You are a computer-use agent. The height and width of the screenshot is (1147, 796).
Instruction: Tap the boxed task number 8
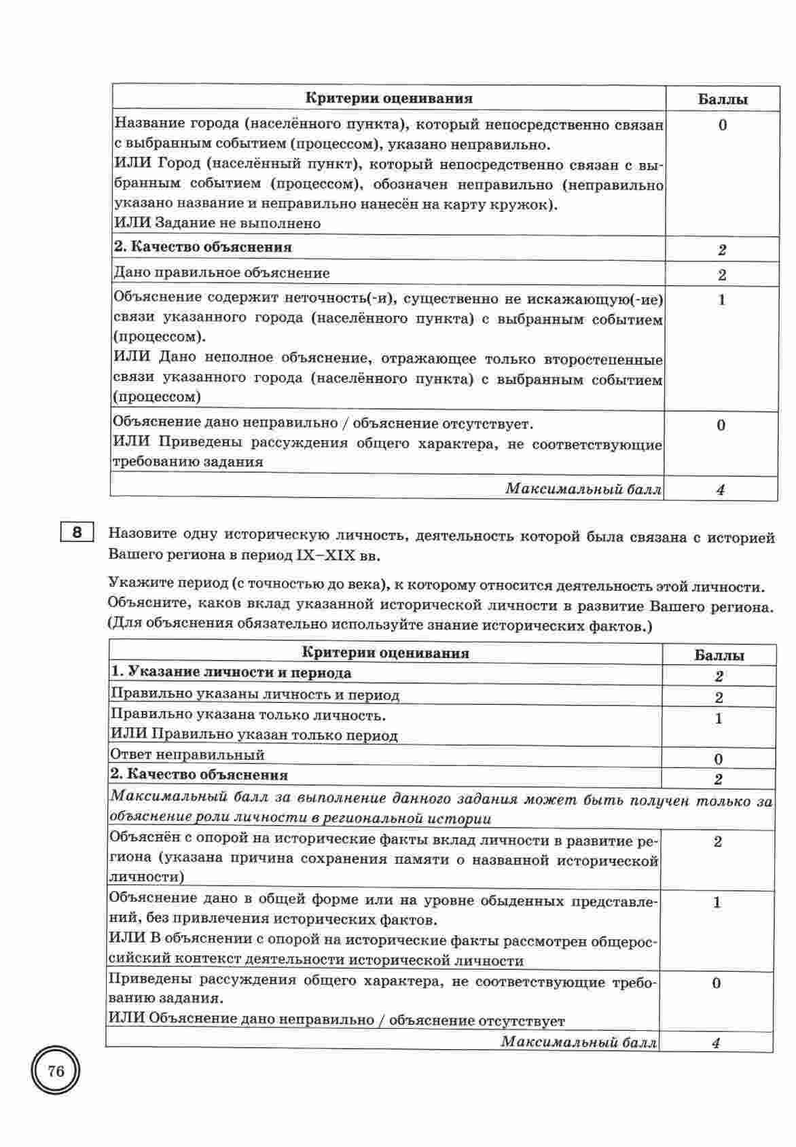click(x=77, y=532)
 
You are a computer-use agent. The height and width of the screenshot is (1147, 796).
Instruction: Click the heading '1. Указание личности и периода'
click(x=231, y=673)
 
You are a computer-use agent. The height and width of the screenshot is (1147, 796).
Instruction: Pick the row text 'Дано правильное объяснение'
click(x=221, y=273)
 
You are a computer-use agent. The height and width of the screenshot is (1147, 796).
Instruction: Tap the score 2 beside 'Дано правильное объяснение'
click(x=721, y=275)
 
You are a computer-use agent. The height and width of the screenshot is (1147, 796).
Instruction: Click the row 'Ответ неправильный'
click(x=187, y=755)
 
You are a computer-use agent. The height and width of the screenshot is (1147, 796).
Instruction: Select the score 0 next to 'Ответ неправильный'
click(x=719, y=759)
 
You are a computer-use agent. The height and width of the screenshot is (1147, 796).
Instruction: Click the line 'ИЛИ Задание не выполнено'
click(x=217, y=223)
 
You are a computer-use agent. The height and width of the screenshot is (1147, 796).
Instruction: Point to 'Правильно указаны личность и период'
click(x=255, y=695)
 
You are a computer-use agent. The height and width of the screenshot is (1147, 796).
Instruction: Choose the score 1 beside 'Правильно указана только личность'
click(x=719, y=719)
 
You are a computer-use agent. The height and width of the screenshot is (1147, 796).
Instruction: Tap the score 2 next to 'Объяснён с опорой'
click(x=718, y=842)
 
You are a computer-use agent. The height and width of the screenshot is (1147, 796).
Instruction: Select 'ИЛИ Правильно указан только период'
click(x=254, y=735)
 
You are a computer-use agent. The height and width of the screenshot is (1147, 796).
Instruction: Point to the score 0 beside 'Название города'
click(x=721, y=126)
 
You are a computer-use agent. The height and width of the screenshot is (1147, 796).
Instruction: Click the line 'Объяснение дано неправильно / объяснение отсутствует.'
click(x=323, y=424)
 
